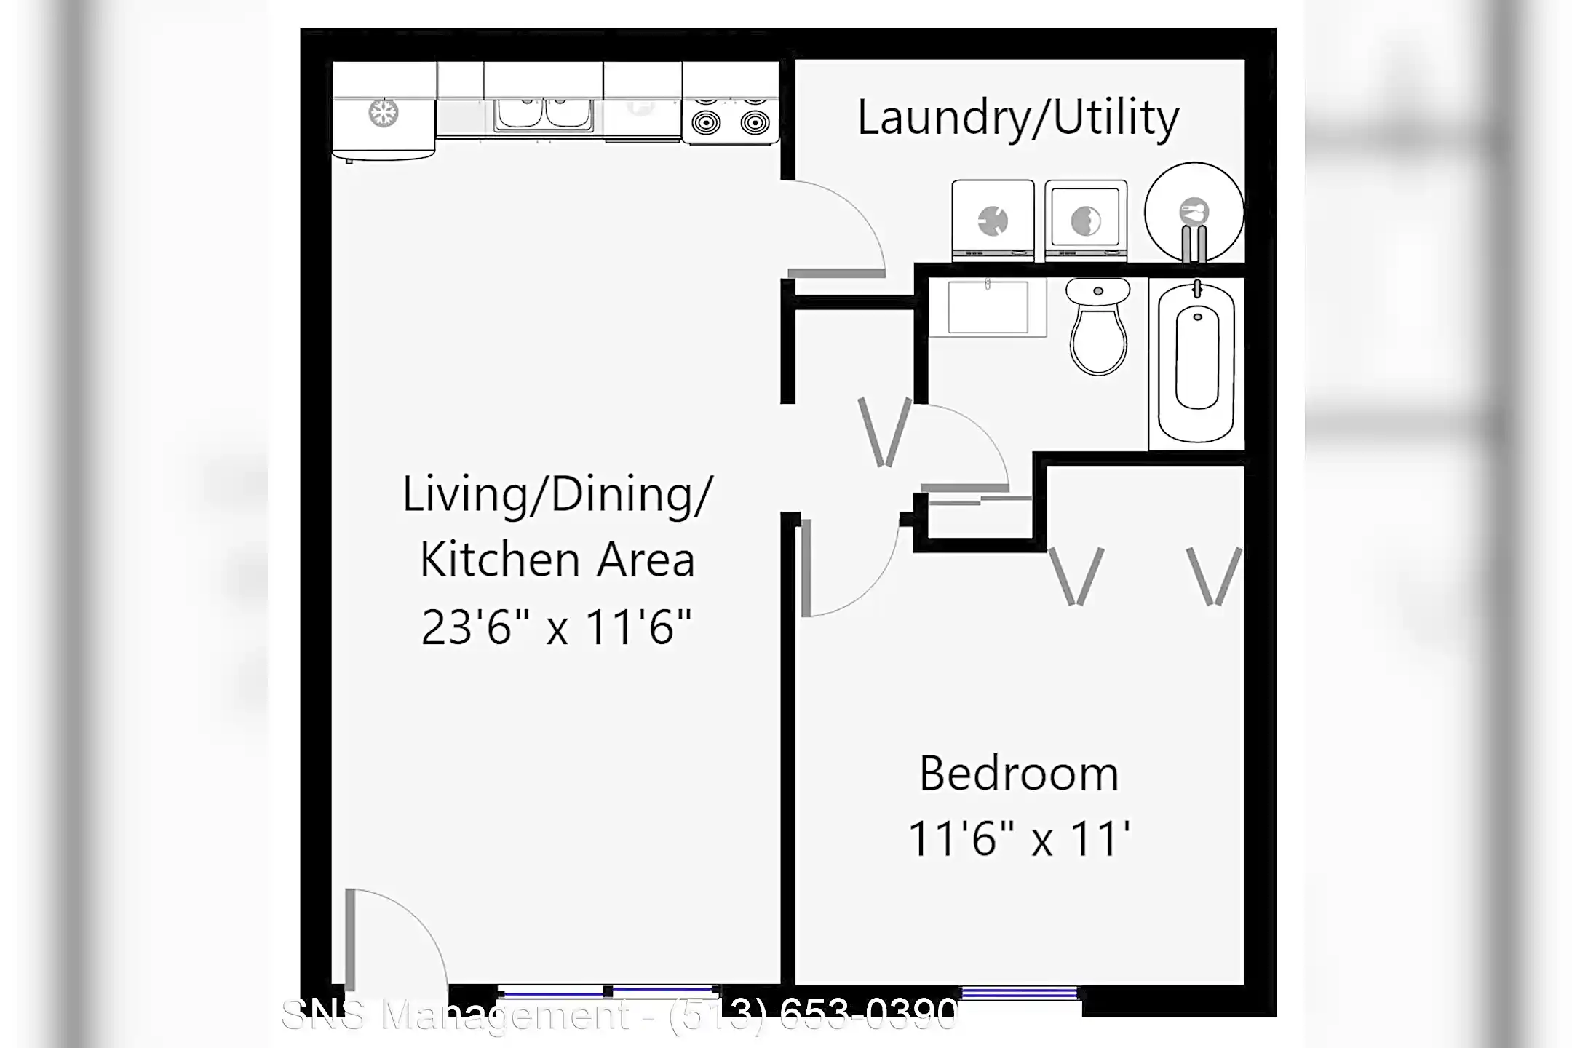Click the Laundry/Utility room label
[x=1017, y=118]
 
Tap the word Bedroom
[x=1019, y=774]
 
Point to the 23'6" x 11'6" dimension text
[x=556, y=627]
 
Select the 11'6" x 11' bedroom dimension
[x=1019, y=838]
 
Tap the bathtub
[x=1196, y=362]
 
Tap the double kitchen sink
[x=544, y=115]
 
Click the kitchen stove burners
[x=731, y=121]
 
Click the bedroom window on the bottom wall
[x=1019, y=993]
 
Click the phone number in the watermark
[x=813, y=1015]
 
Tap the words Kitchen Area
[x=557, y=560]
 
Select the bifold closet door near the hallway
[x=884, y=432]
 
